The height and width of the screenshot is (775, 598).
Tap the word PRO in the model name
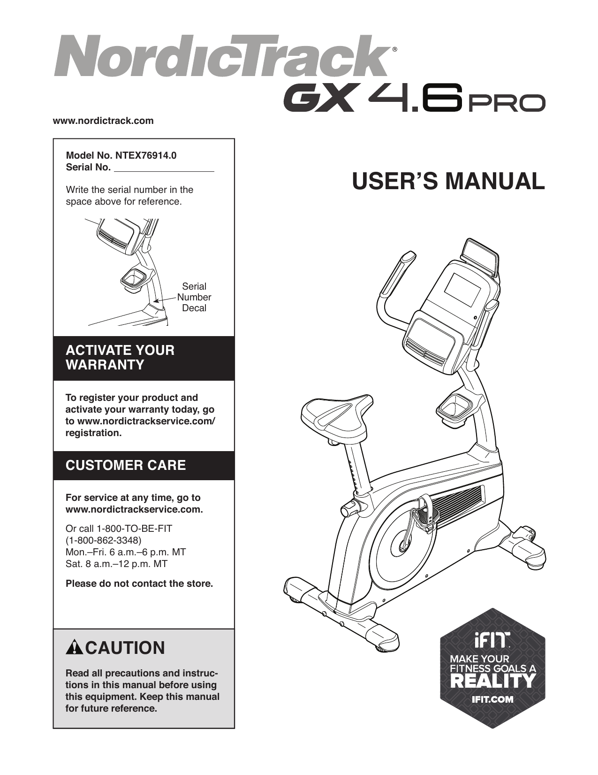pyautogui.click(x=507, y=103)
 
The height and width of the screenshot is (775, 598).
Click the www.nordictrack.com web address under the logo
pyautogui.click(x=103, y=121)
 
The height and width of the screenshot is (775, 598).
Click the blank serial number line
pyautogui.click(x=164, y=168)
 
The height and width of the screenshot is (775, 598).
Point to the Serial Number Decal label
pyautogui.click(x=194, y=297)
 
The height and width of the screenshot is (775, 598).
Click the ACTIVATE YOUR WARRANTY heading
pyautogui.click(x=120, y=358)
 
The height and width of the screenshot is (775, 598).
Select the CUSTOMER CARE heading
pyautogui.click(x=126, y=465)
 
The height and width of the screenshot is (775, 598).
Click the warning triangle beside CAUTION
pyautogui.click(x=74, y=648)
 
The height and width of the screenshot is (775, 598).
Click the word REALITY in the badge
pyautogui.click(x=492, y=680)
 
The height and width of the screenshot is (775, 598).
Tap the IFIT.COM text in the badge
pyautogui.click(x=492, y=699)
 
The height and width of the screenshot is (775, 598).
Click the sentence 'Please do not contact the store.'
pyautogui.click(x=139, y=583)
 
